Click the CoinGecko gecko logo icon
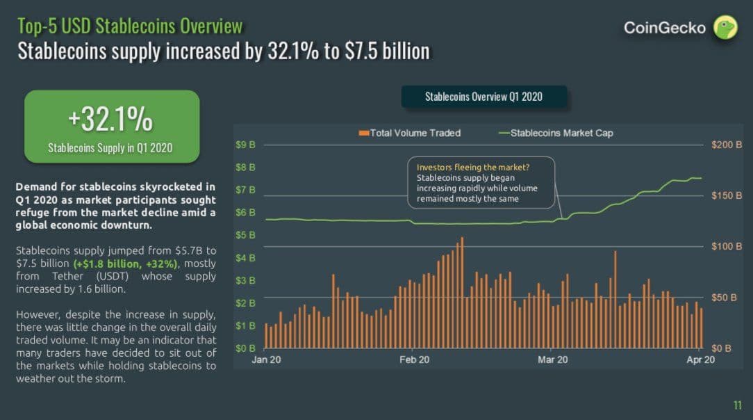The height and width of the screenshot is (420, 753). [x=725, y=28]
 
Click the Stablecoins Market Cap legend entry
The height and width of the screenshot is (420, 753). [x=556, y=133]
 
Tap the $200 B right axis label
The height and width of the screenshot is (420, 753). [x=727, y=145]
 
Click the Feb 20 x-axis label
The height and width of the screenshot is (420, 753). [x=414, y=360]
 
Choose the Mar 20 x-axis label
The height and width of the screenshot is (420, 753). [x=553, y=360]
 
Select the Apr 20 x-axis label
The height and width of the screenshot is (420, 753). [x=700, y=360]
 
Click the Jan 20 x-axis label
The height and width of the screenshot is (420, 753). [x=267, y=360]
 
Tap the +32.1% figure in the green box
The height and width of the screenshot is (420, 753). [x=110, y=120]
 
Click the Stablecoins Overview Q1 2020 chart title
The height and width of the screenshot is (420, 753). [x=483, y=97]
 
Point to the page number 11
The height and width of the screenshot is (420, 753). [x=738, y=405]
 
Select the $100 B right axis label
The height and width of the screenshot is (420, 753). [x=727, y=247]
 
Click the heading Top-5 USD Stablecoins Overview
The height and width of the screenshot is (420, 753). [x=130, y=26]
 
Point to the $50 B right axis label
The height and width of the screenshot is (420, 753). [x=727, y=298]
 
